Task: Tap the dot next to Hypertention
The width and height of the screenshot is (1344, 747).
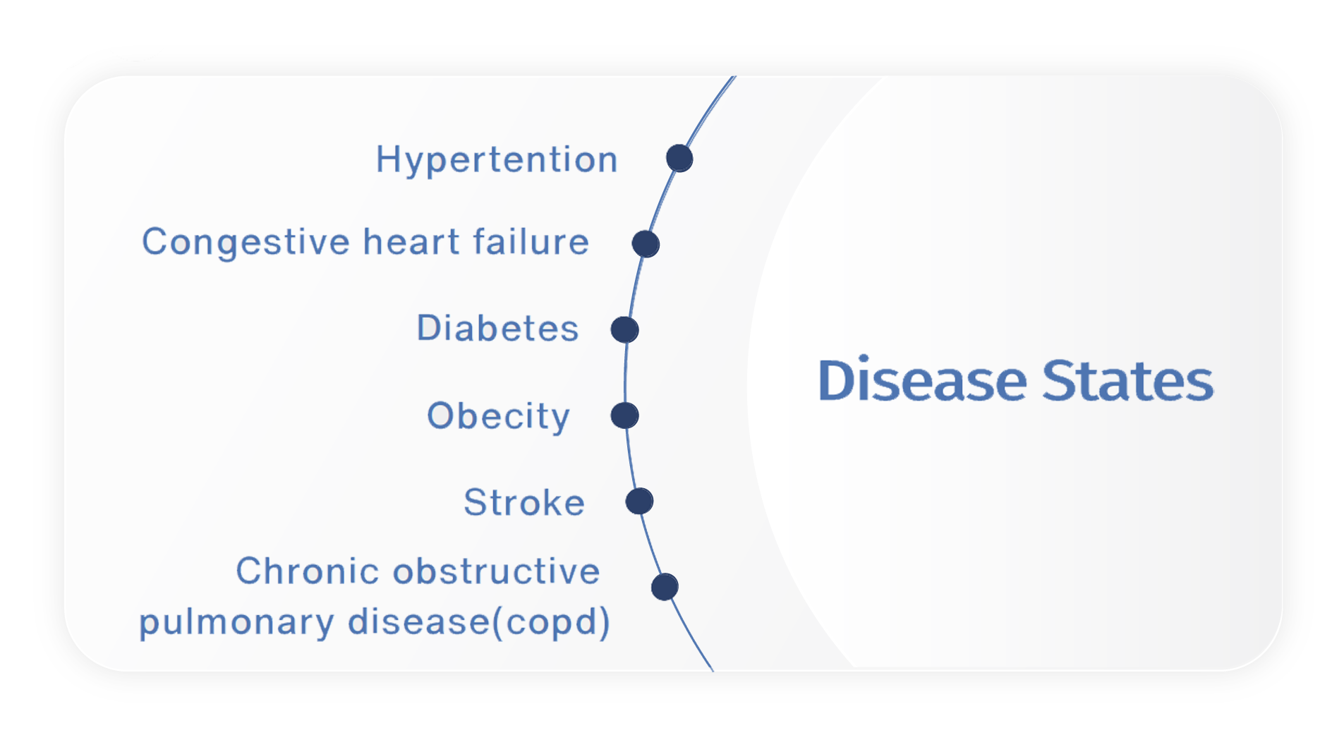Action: pos(679,158)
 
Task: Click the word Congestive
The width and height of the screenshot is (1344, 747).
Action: pos(246,243)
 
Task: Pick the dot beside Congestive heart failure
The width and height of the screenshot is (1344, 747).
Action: pos(646,244)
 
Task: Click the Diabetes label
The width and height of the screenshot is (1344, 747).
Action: pos(497,328)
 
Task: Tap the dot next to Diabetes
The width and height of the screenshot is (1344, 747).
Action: pos(625,329)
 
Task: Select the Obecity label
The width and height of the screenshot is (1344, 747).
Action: pos(498,417)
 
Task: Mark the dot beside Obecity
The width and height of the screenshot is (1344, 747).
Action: pos(625,415)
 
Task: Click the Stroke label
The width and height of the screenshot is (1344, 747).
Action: pos(524,502)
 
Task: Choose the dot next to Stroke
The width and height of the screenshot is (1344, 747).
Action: pos(639,502)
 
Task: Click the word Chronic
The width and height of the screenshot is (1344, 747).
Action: pos(307,571)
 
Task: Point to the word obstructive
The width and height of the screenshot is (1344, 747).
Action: pos(496,571)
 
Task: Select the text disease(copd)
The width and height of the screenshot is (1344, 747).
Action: pos(479,623)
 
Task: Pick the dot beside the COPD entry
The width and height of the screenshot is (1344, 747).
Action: pos(665,587)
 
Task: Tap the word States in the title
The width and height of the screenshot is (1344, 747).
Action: pos(1127,380)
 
